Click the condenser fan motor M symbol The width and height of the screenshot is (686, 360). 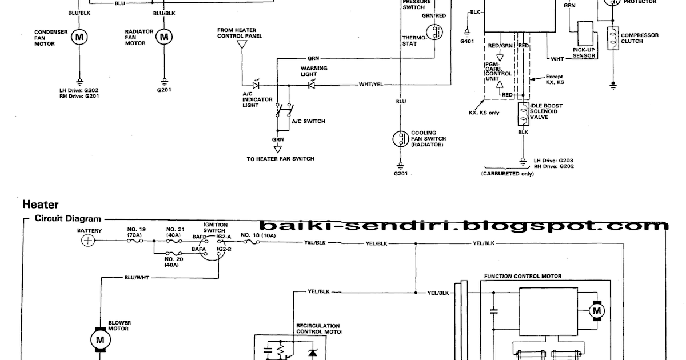(79, 38)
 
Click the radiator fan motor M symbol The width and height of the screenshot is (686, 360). (165, 38)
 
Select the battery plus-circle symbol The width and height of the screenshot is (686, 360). (88, 241)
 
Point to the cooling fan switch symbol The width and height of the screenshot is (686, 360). (400, 139)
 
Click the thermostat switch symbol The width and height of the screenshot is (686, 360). (438, 32)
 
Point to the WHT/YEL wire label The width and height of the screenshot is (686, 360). (371, 85)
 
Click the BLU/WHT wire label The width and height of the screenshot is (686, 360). (135, 278)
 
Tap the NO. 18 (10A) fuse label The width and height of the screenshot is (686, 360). (258, 235)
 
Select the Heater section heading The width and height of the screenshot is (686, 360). (41, 203)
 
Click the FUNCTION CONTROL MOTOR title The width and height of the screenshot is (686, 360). (523, 276)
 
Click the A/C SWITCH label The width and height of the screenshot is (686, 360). (308, 121)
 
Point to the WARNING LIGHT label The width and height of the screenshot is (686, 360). (314, 71)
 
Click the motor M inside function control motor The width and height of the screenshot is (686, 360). (597, 311)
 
